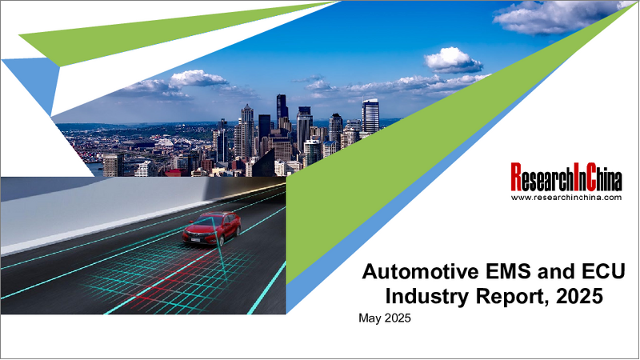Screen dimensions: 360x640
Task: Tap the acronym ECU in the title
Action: (x=586, y=271)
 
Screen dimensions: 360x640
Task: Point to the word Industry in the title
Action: (x=426, y=296)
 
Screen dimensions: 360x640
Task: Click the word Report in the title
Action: (x=503, y=296)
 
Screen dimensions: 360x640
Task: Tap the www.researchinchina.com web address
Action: (x=566, y=197)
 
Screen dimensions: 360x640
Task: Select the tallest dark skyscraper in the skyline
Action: (x=282, y=112)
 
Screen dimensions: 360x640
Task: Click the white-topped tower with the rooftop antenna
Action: (x=370, y=116)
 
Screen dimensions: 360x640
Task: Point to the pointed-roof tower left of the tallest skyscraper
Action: (x=248, y=128)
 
